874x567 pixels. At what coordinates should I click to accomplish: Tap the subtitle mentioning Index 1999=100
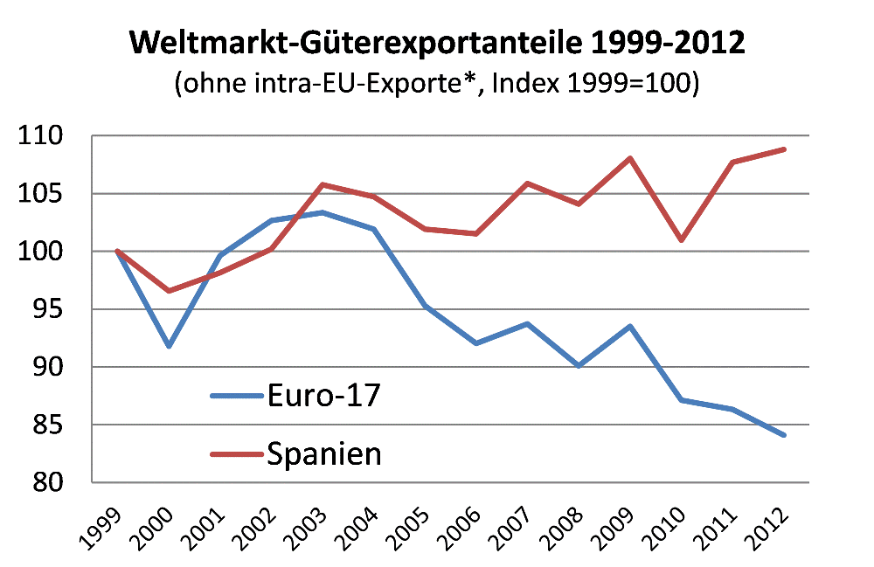click(x=437, y=86)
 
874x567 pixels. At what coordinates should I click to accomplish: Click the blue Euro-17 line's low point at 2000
click(x=169, y=347)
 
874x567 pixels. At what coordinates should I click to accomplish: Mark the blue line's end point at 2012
click(x=785, y=435)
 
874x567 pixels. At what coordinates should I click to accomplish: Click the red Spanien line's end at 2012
click(x=785, y=149)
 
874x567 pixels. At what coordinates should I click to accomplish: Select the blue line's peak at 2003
click(x=323, y=212)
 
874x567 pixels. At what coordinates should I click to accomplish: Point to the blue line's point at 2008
click(x=579, y=366)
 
